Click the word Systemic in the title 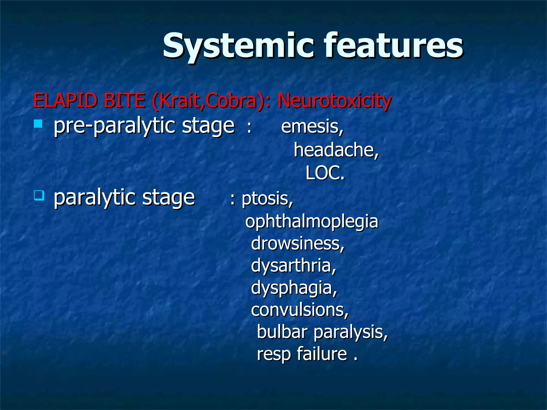238,46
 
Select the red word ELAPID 65,101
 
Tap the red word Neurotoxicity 334,101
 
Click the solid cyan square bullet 38,124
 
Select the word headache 336,150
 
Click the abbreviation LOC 325,173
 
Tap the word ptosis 267,198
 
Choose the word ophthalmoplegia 312,222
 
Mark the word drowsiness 297,243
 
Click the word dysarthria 293,266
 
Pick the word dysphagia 294,288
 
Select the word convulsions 300,310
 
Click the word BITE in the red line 124,101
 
